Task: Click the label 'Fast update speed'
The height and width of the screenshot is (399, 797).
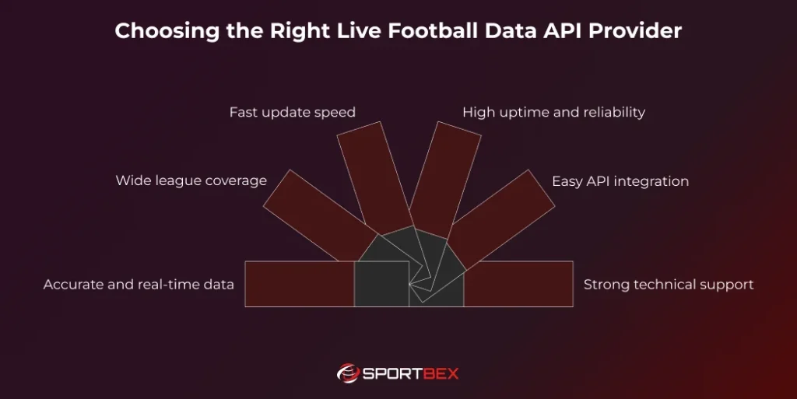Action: tap(292, 112)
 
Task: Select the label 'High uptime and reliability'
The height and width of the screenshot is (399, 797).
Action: tap(553, 112)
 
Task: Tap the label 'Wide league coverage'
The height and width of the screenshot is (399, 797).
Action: tap(191, 180)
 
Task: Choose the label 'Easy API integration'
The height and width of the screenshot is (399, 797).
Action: tap(620, 181)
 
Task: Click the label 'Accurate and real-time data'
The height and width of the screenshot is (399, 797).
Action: tap(139, 284)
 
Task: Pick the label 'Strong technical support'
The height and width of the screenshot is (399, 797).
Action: tap(669, 284)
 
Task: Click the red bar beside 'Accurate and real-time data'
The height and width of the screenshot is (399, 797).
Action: tap(300, 284)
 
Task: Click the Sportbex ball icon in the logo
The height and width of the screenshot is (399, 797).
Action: tap(348, 373)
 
